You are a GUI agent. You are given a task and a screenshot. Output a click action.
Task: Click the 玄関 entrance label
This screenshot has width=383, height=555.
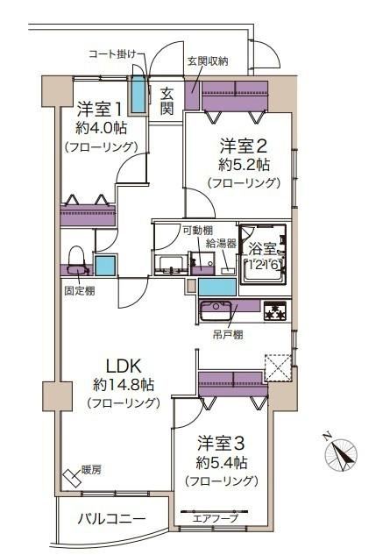point(167,101)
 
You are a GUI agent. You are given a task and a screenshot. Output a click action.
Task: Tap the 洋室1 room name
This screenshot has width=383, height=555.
point(100,109)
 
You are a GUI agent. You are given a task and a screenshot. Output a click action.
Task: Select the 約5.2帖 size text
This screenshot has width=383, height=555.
point(245,164)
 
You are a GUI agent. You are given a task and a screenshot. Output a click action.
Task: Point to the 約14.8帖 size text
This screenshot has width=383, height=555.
point(124,384)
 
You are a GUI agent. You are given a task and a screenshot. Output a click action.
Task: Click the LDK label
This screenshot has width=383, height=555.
point(124,366)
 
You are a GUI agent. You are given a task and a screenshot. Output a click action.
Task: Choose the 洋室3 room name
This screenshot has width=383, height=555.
point(221,444)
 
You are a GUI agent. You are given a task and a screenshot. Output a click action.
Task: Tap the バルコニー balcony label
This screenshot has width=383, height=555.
point(112,519)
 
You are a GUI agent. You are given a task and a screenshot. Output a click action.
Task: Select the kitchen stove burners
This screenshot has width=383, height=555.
point(275,311)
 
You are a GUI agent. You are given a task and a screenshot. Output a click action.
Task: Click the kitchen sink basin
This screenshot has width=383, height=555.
point(216,310)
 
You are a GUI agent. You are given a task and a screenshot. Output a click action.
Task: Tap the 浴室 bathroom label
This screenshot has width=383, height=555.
point(262,249)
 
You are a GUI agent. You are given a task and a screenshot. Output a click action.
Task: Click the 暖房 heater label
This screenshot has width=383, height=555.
point(91,470)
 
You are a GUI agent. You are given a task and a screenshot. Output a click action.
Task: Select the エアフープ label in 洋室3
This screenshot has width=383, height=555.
point(216,519)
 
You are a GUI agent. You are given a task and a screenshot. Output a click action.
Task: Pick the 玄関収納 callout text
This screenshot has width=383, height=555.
point(208,61)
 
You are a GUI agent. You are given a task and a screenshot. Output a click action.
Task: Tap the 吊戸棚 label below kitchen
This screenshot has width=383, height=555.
point(228,335)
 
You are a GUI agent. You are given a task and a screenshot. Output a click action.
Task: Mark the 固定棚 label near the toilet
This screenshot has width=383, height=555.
point(80,291)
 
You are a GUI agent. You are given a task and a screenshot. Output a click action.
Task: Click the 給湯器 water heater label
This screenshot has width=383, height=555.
point(222,244)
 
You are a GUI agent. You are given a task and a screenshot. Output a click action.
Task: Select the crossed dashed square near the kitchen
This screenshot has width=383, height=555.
point(278,367)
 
